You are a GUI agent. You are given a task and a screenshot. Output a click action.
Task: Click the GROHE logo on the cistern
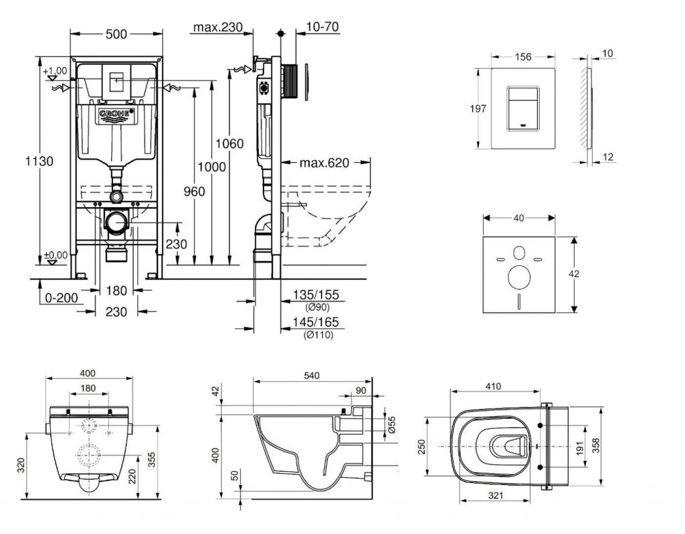pyautogui.click(x=117, y=115)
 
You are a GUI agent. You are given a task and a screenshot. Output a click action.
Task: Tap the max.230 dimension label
pyautogui.click(x=217, y=28)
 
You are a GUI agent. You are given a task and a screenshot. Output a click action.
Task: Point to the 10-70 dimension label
pyautogui.click(x=322, y=28)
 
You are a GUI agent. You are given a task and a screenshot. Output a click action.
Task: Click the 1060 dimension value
pyautogui.click(x=229, y=143)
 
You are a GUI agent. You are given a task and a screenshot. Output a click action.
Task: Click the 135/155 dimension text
pyautogui.click(x=316, y=294)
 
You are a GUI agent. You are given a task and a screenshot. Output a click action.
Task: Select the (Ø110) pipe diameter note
pyautogui.click(x=318, y=334)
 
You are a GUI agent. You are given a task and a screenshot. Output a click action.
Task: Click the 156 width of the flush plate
pyautogui.click(x=522, y=58)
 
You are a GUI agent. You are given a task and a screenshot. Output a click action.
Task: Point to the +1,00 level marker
pyautogui.click(x=55, y=70)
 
